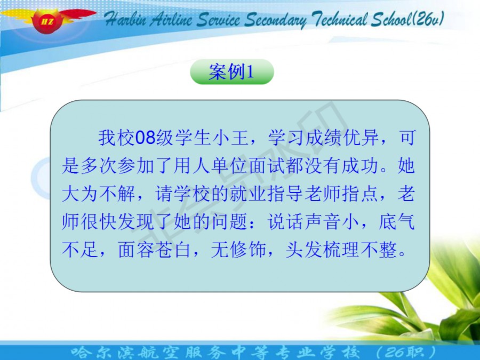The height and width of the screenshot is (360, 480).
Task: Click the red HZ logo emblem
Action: (x=47, y=20)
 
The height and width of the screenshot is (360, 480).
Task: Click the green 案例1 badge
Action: (x=232, y=72)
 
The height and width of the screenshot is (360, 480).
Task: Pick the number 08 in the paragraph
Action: (x=146, y=138)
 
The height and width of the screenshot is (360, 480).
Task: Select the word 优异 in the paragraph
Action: (x=361, y=138)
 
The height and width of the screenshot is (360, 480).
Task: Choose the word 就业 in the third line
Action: (x=248, y=194)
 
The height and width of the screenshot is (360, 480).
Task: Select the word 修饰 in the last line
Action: (x=248, y=250)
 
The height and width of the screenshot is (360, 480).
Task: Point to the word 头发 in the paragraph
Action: (x=303, y=250)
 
